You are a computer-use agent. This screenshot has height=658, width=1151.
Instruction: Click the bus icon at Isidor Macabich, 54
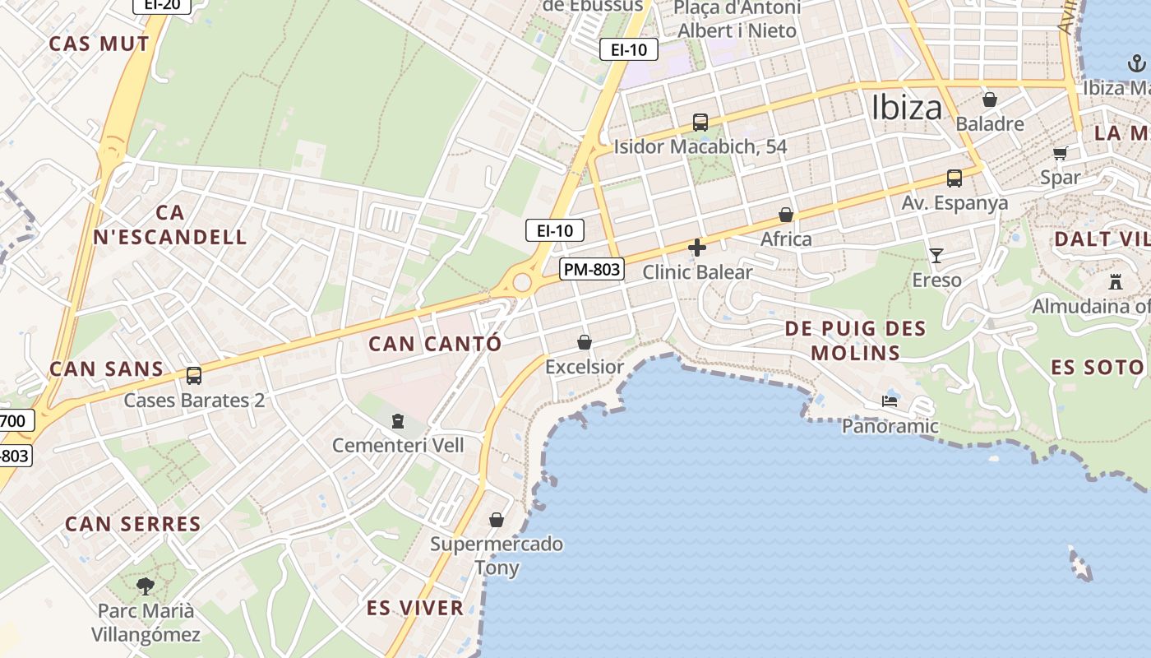[700, 123]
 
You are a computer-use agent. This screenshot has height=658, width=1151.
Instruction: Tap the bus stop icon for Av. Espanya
[954, 178]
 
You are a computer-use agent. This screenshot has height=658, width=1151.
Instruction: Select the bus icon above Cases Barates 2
[194, 376]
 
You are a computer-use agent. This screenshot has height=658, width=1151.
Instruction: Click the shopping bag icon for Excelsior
[585, 342]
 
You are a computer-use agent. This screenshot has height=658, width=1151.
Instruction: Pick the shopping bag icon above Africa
[786, 215]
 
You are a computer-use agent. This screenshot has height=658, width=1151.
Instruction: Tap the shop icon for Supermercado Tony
[497, 520]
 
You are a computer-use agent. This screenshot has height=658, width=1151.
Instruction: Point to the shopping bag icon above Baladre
[990, 100]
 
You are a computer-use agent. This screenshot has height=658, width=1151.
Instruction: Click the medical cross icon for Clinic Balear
[697, 248]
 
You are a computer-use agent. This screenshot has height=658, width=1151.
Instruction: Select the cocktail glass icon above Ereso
[936, 256]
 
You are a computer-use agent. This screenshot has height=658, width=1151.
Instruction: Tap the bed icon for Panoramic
[890, 401]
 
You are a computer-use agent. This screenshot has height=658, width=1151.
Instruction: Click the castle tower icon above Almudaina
[1116, 282]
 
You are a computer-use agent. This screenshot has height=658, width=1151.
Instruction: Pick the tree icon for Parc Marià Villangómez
[146, 586]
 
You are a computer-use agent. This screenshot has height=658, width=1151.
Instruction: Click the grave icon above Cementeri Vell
[398, 421]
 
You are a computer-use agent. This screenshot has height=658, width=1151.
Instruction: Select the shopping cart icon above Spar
[1061, 153]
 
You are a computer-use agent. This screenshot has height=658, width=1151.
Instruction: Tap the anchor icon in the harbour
[1136, 63]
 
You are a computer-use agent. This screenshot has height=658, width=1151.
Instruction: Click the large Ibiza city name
[906, 108]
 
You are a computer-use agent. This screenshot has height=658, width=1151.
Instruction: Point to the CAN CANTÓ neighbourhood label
[435, 344]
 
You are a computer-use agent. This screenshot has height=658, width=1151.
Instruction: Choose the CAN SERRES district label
[133, 524]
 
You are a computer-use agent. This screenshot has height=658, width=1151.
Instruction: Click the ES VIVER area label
[415, 609]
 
